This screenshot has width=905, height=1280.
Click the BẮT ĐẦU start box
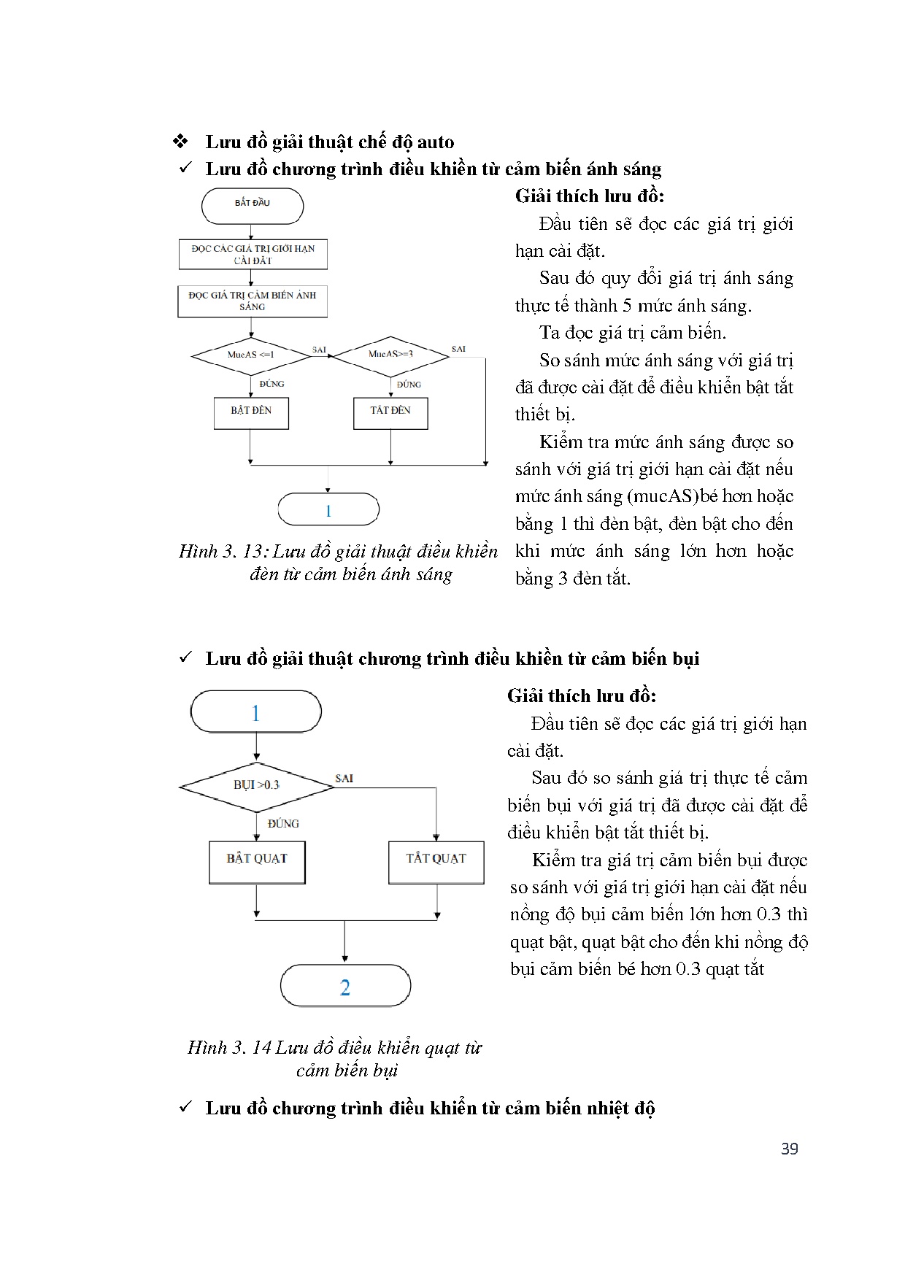(253, 205)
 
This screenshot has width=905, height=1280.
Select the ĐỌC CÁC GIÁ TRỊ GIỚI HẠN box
(253, 254)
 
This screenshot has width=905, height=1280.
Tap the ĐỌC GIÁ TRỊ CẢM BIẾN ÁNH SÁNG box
(253, 301)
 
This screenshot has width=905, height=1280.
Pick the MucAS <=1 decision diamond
(251, 355)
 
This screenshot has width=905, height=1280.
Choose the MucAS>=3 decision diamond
(390, 355)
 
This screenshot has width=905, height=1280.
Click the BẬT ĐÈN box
(251, 412)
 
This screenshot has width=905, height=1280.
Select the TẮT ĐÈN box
(390, 412)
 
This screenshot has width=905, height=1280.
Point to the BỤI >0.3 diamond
(257, 786)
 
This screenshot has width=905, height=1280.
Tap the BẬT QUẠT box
(257, 861)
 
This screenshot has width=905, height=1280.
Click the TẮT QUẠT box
(436, 861)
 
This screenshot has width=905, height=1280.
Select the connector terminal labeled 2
(345, 987)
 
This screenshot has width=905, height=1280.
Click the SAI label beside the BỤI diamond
(344, 779)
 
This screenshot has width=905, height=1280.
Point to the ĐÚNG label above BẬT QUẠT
(283, 824)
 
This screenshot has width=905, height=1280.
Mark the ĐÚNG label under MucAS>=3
(409, 385)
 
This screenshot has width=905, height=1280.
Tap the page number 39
(790, 1149)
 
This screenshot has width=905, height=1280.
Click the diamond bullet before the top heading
(180, 142)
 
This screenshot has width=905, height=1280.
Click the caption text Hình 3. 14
(229, 1048)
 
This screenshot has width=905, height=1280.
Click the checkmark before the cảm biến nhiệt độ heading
(185, 1107)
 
